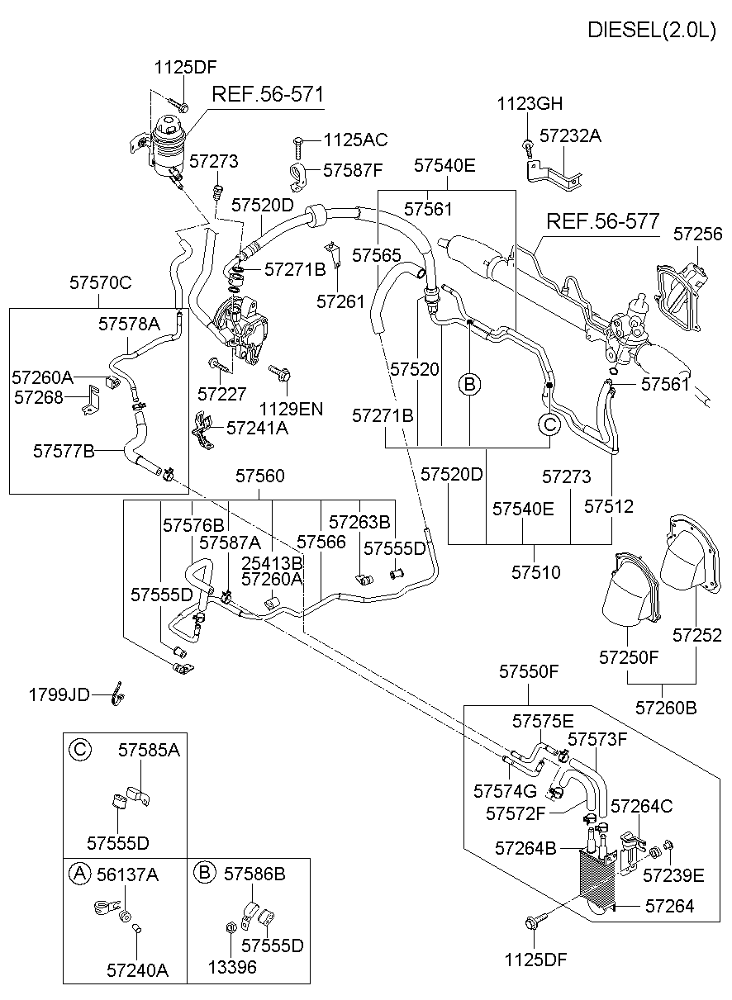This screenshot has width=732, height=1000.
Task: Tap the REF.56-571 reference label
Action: click(268, 94)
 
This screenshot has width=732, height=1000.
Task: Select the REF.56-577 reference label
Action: click(602, 221)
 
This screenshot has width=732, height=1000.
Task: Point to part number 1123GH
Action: click(530, 104)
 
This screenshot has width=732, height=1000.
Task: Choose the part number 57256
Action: click(697, 234)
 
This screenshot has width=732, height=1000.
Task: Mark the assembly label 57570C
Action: click(100, 283)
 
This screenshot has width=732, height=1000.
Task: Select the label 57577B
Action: click(64, 451)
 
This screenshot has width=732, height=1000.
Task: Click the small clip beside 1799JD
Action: click(118, 695)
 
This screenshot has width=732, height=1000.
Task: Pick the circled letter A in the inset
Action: click(79, 874)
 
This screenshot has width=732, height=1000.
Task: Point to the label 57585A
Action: click(149, 750)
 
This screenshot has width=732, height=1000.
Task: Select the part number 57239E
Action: click(673, 875)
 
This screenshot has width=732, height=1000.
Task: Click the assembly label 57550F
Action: click(529, 672)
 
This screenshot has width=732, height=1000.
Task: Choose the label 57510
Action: click(535, 571)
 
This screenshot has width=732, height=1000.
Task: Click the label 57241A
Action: click(257, 428)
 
